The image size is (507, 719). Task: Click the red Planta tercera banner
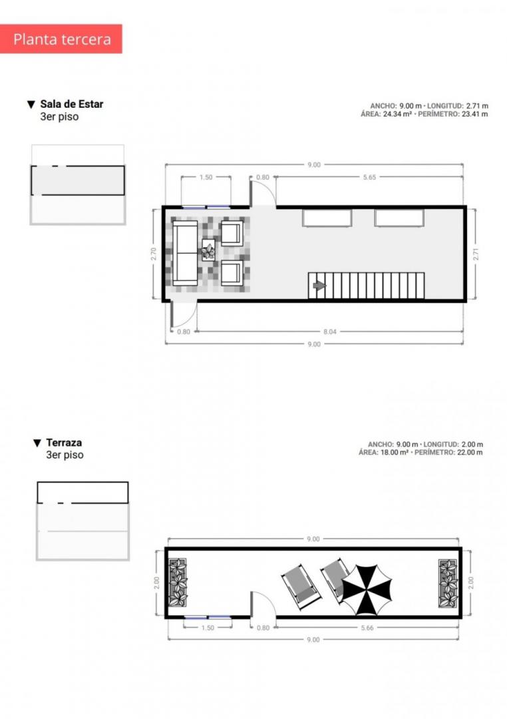coord(61,39)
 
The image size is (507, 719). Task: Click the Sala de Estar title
coord(72,104)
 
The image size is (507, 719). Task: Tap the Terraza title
coord(64,443)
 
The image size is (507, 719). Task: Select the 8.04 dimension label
coord(329,332)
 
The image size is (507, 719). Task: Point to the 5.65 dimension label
coord(369,177)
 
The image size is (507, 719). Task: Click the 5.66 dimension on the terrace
coord(367,628)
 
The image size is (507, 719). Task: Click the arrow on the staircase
coord(319,286)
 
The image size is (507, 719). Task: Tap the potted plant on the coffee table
coord(208,251)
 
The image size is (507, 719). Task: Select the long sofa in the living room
coord(185,253)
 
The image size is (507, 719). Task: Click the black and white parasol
coord(367,590)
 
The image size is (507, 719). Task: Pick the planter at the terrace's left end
coord(178,583)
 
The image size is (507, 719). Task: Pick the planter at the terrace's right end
coord(448,583)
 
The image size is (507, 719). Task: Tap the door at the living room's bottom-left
coord(184,315)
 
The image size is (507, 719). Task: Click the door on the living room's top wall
coord(263,192)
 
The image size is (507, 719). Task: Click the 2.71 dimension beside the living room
coord(475,254)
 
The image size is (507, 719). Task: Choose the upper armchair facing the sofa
coord(232,232)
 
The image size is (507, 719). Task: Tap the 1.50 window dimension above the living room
coord(206,177)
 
